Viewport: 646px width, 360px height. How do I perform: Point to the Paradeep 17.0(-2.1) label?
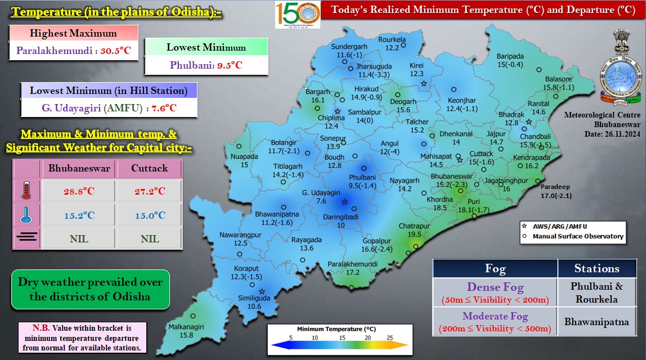pos(556,191)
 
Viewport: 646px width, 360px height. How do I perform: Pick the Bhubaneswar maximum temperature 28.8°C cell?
pos(78,191)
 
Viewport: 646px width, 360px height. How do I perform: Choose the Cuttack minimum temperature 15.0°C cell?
pos(150,215)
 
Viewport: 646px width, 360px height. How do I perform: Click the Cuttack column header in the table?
pos(150,168)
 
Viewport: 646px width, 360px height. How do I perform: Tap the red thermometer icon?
pos(26,191)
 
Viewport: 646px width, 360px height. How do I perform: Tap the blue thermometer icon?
pos(26,215)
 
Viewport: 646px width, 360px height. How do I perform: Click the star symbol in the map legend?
pos(523,226)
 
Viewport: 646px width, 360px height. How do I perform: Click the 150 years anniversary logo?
pos(298,15)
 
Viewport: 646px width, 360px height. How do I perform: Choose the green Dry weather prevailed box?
pos(90,289)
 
